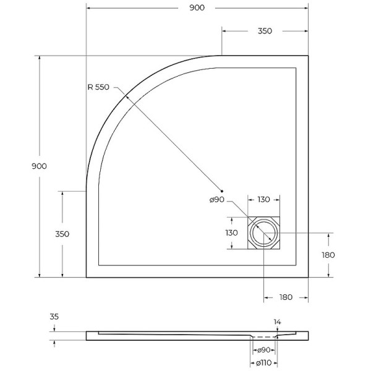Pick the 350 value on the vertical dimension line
click(x=62, y=234)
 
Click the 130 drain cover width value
click(x=263, y=200)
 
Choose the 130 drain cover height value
click(x=231, y=233)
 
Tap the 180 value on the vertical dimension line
click(x=328, y=255)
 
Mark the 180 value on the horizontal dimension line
click(x=285, y=297)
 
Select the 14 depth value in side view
click(x=278, y=322)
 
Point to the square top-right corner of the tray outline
click(x=307, y=56)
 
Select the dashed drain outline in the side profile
click(x=264, y=338)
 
